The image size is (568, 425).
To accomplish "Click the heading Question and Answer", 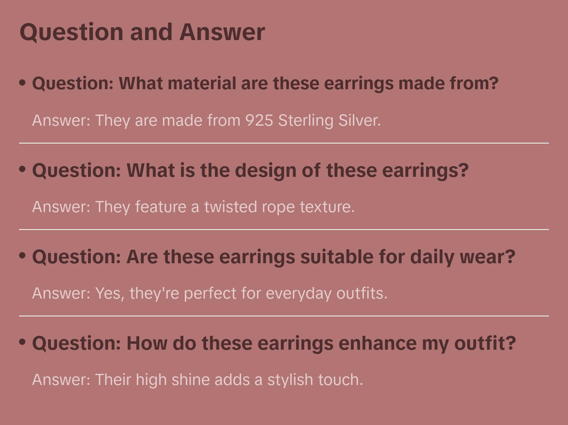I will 142,32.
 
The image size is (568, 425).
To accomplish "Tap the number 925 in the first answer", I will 259,121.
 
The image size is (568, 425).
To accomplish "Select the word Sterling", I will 305,121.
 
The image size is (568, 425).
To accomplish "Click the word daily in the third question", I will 432,257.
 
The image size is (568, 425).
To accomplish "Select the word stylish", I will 290,380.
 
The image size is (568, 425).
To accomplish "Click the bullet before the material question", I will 23,83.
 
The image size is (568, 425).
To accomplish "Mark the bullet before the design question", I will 23,169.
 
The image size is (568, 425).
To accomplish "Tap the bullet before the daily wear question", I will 23,256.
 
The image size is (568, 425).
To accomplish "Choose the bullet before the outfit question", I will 23,342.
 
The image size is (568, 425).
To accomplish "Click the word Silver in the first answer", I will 359,121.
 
